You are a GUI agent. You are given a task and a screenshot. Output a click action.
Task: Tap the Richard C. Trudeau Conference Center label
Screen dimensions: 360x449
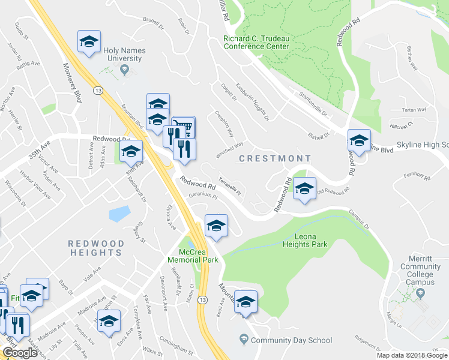pyautogui.click(x=256, y=42)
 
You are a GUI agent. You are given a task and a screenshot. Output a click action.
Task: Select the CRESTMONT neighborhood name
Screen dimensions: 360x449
pyautogui.click(x=275, y=158)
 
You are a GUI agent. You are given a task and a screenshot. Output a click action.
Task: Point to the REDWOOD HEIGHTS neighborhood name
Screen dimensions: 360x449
pyautogui.click(x=96, y=249)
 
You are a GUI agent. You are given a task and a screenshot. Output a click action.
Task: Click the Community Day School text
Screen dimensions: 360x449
pyautogui.click(x=292, y=340)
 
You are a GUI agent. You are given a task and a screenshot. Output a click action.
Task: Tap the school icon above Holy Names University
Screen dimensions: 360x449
pyautogui.click(x=89, y=41)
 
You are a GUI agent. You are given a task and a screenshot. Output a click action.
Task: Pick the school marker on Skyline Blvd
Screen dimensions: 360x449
pyautogui.click(x=359, y=141)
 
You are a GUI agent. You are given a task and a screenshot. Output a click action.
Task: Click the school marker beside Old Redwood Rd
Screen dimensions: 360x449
pyautogui.click(x=304, y=189)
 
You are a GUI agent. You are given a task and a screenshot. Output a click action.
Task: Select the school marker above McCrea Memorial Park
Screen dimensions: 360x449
pyautogui.click(x=217, y=226)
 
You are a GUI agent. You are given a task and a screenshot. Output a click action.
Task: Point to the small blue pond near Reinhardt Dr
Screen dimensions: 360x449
pyautogui.click(x=119, y=214)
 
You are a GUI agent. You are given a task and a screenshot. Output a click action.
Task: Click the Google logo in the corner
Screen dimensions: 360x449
pyautogui.click(x=20, y=353)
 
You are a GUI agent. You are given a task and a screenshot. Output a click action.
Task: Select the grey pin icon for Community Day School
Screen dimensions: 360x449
pyautogui.click(x=243, y=340)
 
